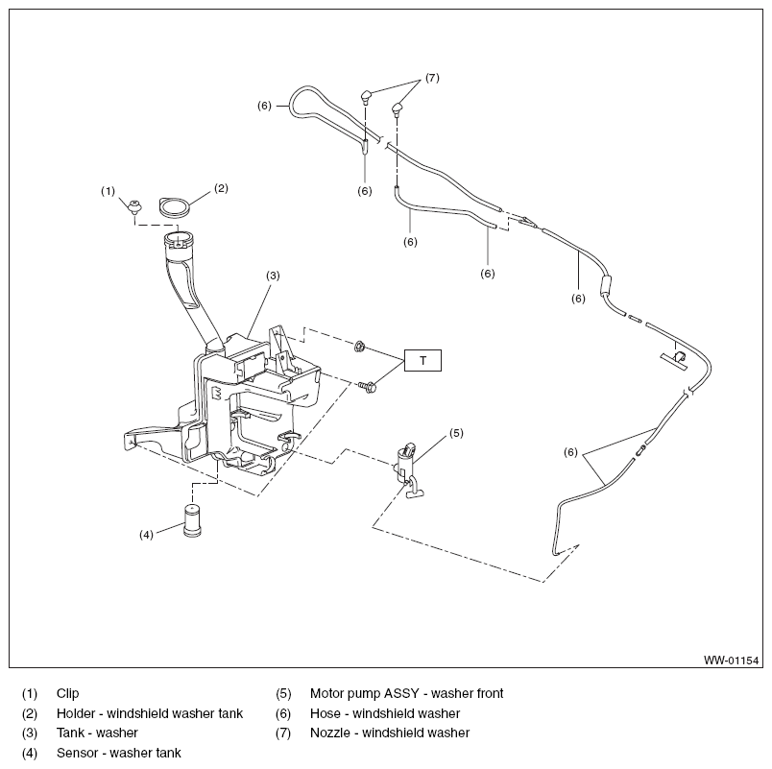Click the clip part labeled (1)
[x=133, y=205]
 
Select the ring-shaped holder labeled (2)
[x=174, y=206]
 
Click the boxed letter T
[x=422, y=360]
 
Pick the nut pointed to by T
[x=359, y=347]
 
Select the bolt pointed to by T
[x=368, y=388]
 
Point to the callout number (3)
[x=273, y=276]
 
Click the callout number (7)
[x=432, y=78]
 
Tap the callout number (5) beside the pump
[x=456, y=433]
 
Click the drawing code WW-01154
[x=731, y=661]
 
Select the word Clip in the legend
[x=67, y=693]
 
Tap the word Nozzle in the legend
[x=331, y=733]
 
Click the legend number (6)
[x=283, y=713]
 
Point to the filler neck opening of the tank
[x=179, y=240]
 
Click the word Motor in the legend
[x=326, y=694]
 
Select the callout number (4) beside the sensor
[x=146, y=535]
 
